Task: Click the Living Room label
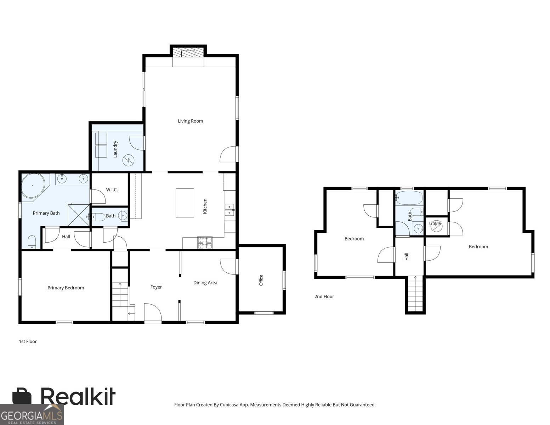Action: [x=190, y=121]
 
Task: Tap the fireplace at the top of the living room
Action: [x=188, y=53]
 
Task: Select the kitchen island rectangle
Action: [x=185, y=203]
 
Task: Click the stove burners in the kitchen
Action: [x=205, y=243]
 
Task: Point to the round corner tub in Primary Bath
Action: [x=33, y=186]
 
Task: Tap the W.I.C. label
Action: [x=112, y=189]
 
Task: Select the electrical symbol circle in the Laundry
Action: [x=128, y=160]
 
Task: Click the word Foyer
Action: [x=156, y=287]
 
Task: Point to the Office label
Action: [x=261, y=280]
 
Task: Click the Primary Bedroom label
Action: [x=66, y=288]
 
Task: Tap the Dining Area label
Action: [x=205, y=283]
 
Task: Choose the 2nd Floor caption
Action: [x=324, y=296]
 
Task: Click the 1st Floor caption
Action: [x=28, y=341]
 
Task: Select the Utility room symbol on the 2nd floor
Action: [x=436, y=226]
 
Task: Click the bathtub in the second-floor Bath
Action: [x=409, y=198]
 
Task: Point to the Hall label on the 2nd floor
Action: [x=407, y=256]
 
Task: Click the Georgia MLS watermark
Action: [x=32, y=415]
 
